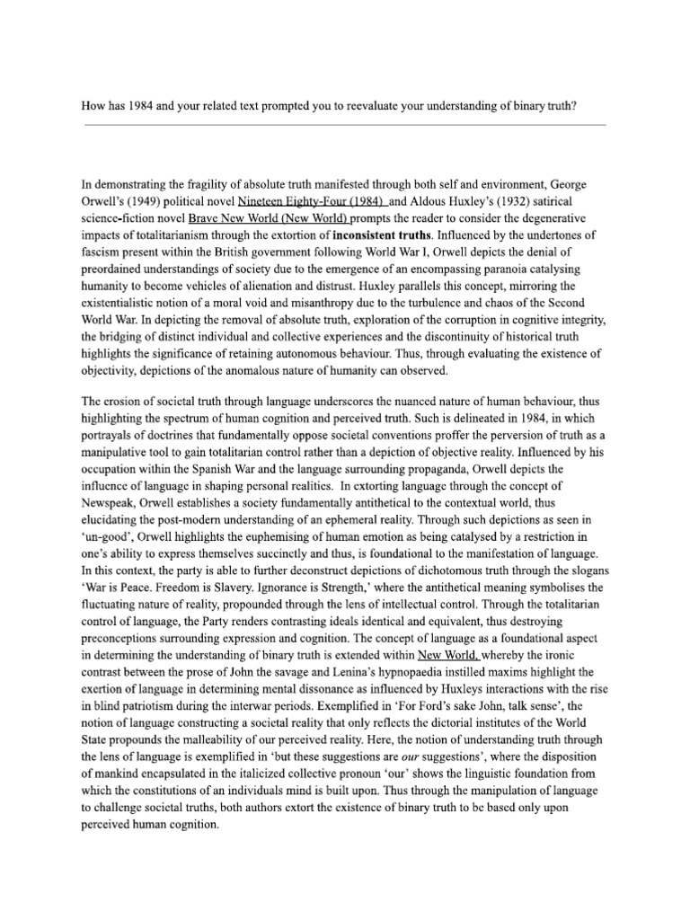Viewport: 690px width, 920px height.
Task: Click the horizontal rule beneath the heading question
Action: click(x=344, y=126)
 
